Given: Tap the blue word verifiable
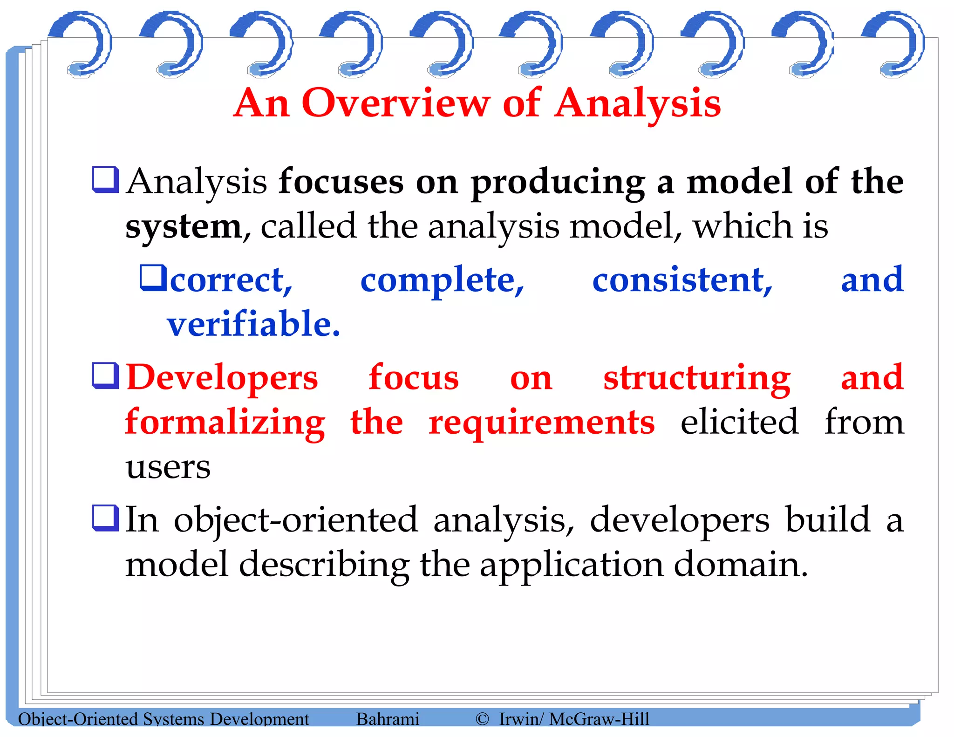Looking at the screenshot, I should point(253,324).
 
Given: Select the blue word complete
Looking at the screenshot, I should point(442,281).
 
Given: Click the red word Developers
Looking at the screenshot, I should point(222,378).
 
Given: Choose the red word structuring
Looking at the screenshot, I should point(697,378).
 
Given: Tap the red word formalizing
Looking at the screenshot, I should point(225,422).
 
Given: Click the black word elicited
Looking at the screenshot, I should point(739,422).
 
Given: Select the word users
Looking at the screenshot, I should point(168,467).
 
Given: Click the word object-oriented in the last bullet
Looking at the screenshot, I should point(296,520).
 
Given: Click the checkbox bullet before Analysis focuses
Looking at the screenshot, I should point(106,179).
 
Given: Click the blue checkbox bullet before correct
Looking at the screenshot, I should point(153,278).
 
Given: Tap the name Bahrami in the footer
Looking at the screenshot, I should point(388,719).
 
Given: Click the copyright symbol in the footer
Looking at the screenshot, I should point(482,719).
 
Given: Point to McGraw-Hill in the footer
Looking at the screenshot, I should point(599,719).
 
